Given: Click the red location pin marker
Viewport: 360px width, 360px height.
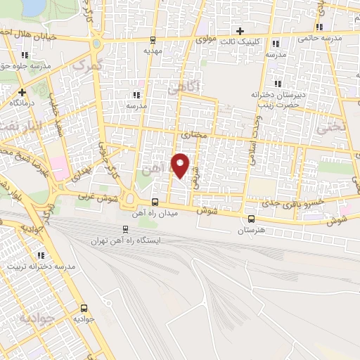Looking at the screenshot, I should (181, 165).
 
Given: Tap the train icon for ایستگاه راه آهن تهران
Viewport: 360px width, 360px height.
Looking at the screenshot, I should (125, 229).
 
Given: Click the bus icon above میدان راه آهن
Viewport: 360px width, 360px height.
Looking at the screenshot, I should (155, 202).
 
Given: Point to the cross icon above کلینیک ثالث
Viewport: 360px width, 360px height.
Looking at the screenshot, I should (240, 31).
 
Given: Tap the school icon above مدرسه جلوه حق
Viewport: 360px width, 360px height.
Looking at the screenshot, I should (25, 55).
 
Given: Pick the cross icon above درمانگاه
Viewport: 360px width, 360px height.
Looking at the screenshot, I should (22, 91).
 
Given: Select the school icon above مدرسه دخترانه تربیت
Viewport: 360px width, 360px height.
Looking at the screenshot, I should (41, 256).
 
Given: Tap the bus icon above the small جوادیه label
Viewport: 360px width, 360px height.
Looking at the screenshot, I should (84, 308).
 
